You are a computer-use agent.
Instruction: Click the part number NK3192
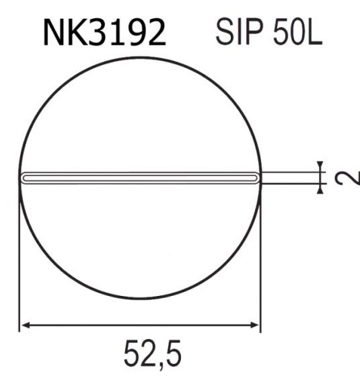pos(104,32)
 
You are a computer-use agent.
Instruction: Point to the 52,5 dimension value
pos(152,354)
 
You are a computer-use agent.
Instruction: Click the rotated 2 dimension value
pos(343,178)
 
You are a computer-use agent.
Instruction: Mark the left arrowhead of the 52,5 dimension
pos(25,326)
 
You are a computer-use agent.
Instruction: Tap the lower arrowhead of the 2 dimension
pos(320,188)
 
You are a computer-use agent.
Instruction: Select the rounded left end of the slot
pos(24,178)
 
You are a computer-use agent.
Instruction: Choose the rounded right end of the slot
pos(256,178)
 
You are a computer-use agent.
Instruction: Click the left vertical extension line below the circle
pos(20,269)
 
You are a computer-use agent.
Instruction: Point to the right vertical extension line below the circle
pos(260,269)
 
